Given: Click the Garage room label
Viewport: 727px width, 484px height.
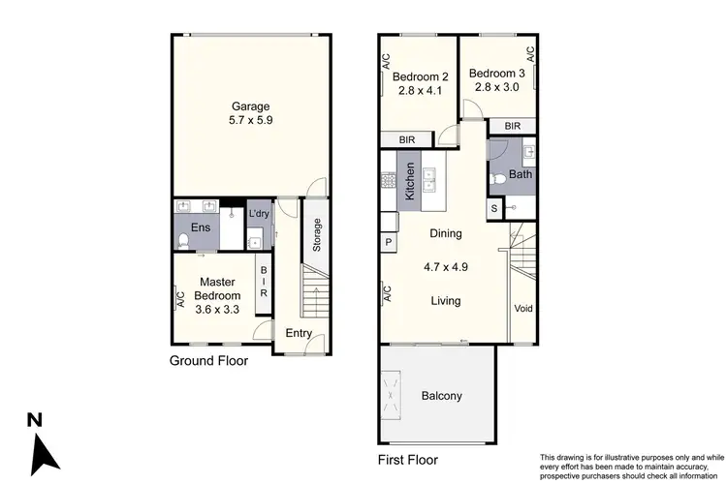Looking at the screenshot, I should (249, 106).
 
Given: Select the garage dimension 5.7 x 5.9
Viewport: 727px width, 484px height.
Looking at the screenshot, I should (249, 122).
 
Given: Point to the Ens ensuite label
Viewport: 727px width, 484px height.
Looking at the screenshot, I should (200, 227).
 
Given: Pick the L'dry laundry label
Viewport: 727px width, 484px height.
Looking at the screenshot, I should (258, 214).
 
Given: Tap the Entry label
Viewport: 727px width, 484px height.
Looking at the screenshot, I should (299, 333).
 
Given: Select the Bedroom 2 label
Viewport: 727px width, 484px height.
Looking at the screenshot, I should (422, 77).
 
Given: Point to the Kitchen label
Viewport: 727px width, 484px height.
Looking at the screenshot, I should (410, 180).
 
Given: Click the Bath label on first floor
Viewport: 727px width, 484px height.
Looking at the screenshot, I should (521, 175).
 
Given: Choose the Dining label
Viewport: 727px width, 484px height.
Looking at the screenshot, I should (446, 233).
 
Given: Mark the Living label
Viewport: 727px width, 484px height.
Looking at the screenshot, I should (446, 301).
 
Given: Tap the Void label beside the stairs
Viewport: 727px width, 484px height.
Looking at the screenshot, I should (523, 309).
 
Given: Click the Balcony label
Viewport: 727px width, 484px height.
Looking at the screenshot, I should (441, 396).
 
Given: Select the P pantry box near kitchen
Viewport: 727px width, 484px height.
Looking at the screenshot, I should (389, 242).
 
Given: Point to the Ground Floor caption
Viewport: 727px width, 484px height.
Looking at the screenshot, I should (208, 361).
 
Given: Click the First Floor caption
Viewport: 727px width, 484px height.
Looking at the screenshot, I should (407, 460).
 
